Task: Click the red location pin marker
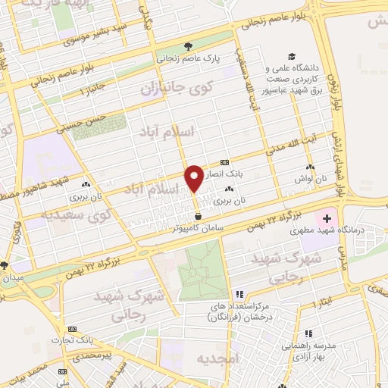pos(195,177)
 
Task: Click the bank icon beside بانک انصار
pos(224,162)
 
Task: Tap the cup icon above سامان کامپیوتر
pos(198,216)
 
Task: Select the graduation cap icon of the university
pos(290,57)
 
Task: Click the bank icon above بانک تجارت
pos(72,329)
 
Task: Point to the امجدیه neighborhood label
pos(217,357)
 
